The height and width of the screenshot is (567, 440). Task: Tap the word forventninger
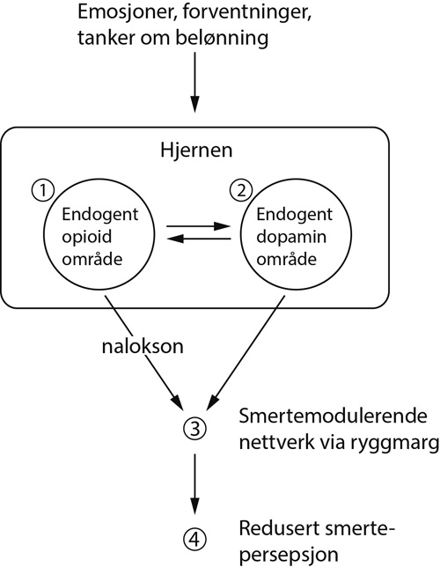(246, 13)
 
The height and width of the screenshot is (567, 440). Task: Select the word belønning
(222, 38)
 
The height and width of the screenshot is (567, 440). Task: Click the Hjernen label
(196, 150)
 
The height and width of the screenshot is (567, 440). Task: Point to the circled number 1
(43, 190)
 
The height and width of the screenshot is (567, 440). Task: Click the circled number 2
(241, 190)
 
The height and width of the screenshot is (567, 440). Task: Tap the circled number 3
(194, 429)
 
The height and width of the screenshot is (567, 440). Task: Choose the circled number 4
(194, 540)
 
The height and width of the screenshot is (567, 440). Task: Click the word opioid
(87, 238)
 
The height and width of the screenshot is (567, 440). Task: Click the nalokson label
(143, 346)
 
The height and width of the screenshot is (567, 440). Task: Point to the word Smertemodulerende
(333, 416)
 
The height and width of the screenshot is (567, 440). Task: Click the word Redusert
(277, 528)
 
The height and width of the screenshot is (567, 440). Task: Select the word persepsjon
(289, 555)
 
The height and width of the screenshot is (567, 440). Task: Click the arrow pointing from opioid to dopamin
(199, 227)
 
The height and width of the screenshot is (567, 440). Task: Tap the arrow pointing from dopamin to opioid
(200, 239)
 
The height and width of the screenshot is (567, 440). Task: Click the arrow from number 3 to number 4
(194, 484)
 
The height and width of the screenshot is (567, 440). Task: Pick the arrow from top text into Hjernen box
(194, 83)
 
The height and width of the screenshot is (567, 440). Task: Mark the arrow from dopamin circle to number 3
(246, 353)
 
